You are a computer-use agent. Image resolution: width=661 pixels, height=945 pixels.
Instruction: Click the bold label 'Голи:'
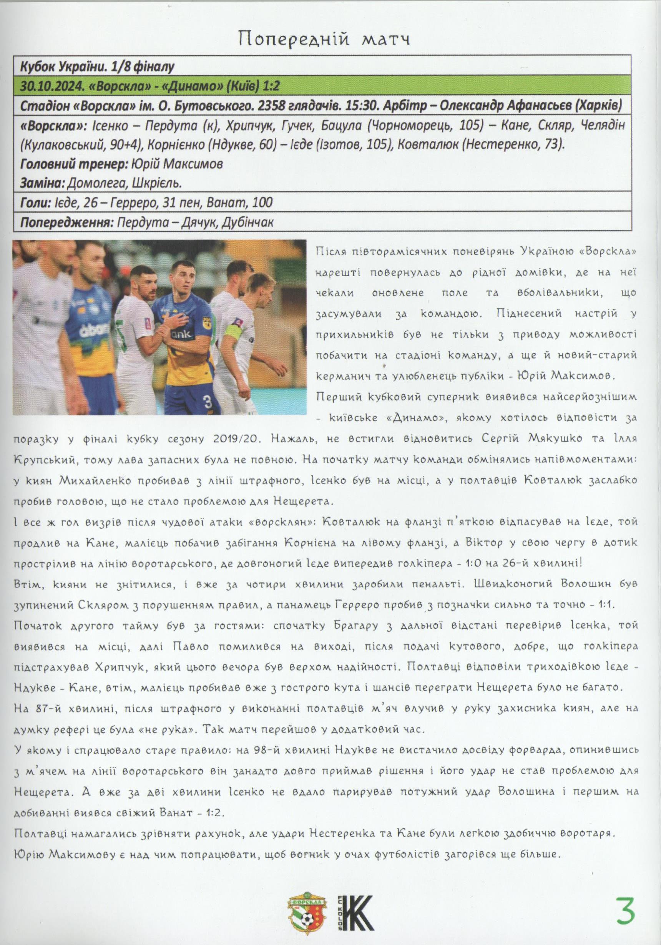tap(35, 203)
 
